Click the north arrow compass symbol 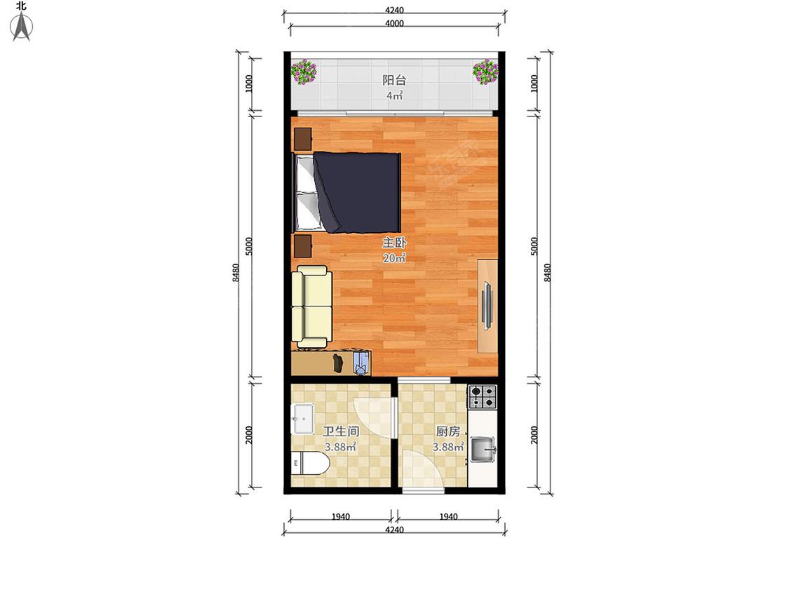coord(22,26)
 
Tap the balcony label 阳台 coord(394,80)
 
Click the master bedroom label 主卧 coord(394,243)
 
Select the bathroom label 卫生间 coord(341,431)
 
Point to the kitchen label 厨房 coord(448,431)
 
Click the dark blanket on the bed coord(357,193)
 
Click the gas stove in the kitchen coord(483,396)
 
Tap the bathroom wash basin coord(303,419)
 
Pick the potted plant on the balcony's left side coord(304,72)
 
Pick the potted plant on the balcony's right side coord(485,72)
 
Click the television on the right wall coord(487,306)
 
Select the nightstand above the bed coord(302,139)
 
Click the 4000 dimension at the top coord(394,23)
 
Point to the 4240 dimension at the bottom coord(394,530)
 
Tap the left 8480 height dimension coord(236,272)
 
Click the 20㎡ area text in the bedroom coord(394,258)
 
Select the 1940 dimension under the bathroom coord(341,516)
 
